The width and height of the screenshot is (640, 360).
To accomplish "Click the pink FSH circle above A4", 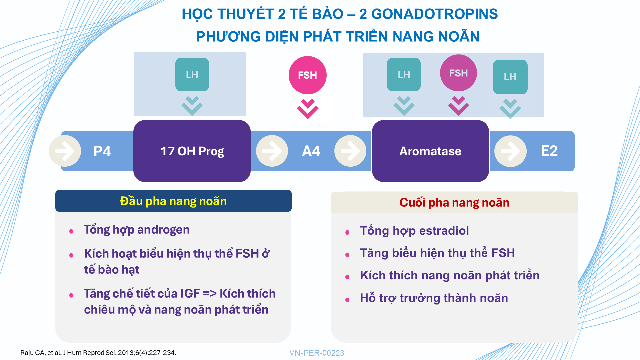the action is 307,75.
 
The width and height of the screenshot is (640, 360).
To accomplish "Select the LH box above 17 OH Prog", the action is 192,74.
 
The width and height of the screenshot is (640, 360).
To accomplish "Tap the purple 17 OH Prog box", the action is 192,151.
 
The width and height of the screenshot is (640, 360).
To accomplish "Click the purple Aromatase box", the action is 430,151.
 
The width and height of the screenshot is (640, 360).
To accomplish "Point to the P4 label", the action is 102,151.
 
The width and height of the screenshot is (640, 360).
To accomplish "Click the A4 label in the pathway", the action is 311,151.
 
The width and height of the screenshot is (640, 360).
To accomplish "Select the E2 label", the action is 549,151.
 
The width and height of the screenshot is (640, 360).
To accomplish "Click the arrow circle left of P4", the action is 65,151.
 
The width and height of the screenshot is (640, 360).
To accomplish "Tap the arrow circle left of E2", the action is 510,151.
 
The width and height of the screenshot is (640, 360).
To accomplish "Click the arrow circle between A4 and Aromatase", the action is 350,151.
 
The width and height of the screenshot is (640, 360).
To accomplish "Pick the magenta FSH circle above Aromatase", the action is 458,73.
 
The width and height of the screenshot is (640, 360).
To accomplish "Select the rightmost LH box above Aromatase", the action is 510,77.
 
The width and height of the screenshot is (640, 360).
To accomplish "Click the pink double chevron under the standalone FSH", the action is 307,109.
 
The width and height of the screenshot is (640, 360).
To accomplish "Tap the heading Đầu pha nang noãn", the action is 173,201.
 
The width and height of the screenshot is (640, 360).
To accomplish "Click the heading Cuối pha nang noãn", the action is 454,202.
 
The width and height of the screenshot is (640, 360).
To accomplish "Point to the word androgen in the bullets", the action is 163,230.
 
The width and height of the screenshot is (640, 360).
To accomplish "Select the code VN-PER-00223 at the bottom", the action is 317,353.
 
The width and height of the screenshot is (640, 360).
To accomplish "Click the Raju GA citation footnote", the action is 98,353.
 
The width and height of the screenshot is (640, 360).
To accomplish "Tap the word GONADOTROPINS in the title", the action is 435,14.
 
